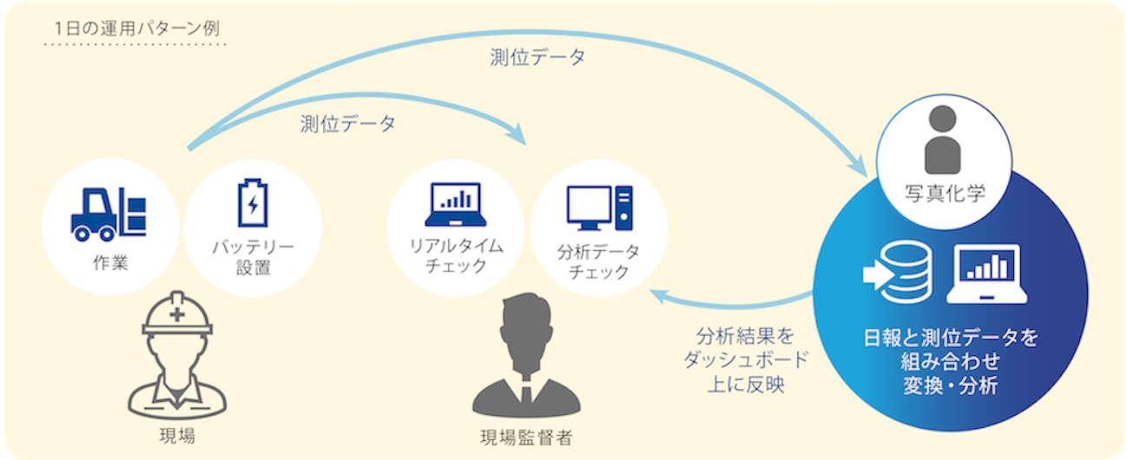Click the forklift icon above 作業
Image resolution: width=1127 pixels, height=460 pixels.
point(109,214)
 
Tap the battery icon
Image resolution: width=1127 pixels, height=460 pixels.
point(253,203)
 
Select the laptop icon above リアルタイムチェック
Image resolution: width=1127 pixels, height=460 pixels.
point(455,204)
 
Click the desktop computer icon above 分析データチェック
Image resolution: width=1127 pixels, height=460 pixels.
point(599,208)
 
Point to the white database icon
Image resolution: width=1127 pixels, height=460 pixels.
point(898,272)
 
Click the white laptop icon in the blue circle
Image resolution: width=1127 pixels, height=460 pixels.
point(986,274)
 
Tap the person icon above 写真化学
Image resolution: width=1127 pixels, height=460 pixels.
point(942,139)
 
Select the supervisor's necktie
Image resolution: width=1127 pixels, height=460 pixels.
point(526,393)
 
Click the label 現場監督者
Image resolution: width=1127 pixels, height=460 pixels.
point(526,438)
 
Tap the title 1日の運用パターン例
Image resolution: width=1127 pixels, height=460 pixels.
point(137,28)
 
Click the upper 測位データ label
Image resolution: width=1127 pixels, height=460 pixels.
point(537,57)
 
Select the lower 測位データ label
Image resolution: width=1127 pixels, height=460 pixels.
point(347,123)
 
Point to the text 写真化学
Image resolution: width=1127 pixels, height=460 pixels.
point(945,194)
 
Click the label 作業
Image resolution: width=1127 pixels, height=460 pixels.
point(110,262)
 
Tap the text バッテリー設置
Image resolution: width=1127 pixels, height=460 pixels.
point(253,258)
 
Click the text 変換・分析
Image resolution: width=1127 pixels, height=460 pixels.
point(951,386)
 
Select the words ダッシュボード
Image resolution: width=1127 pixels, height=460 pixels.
point(746,360)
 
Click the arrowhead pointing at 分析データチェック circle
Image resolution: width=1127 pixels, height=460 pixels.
point(660,296)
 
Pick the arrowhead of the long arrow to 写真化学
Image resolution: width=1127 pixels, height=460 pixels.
point(859,167)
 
